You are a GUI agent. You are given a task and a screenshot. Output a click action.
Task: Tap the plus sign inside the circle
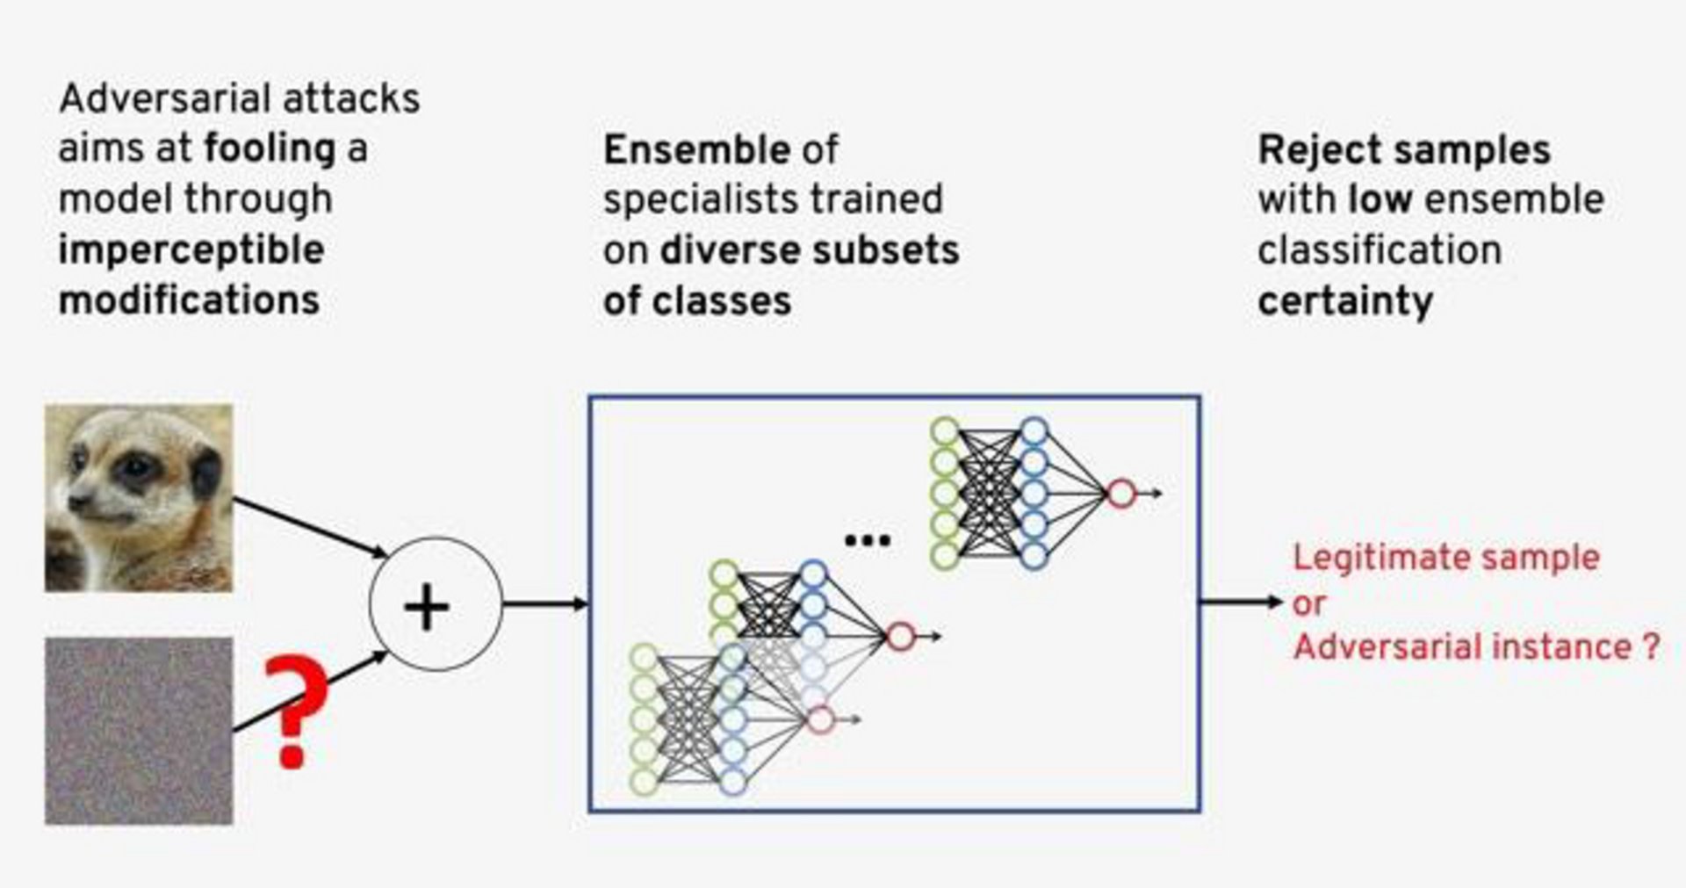coord(427,607)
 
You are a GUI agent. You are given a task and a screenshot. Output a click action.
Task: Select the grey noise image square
coord(139,731)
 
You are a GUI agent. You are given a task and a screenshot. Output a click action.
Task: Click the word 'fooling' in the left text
coord(270,148)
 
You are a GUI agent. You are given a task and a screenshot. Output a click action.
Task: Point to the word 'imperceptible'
coord(191,250)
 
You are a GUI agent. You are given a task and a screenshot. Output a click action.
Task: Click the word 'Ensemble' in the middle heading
coord(696,150)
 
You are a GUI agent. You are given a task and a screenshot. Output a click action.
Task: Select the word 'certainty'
coord(1344,301)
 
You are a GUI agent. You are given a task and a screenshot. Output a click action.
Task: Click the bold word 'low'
coord(1380,199)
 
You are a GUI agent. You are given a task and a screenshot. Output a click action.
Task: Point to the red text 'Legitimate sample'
coord(1445,558)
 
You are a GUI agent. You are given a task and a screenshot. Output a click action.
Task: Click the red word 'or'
coord(1308,603)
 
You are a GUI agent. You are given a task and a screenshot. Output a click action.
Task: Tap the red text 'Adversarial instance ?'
coord(1475,647)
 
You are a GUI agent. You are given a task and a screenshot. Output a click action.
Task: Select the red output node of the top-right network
coord(1120,494)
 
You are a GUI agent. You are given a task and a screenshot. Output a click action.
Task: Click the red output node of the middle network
coord(900,637)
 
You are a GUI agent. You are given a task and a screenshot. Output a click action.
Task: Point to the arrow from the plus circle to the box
coord(544,603)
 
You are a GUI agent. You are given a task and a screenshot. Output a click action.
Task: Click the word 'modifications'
coord(189,300)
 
